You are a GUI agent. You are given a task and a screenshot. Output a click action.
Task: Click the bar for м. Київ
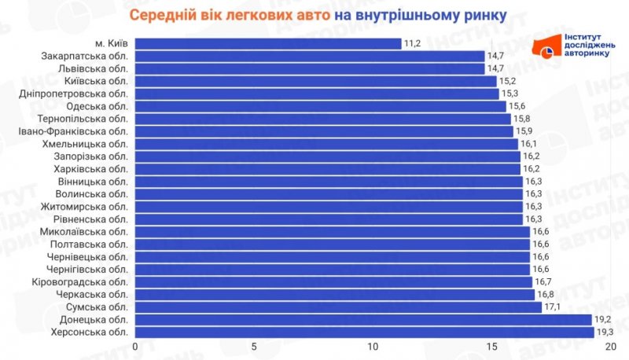(x=267, y=43)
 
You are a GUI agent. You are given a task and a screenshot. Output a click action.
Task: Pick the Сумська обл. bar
(x=338, y=307)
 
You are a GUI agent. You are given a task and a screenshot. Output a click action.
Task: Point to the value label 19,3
(x=605, y=332)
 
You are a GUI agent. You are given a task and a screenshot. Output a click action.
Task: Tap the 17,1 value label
(x=554, y=307)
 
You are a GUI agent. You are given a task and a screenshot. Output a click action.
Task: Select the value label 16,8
(x=546, y=295)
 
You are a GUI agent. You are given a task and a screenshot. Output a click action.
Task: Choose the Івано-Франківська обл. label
(x=72, y=131)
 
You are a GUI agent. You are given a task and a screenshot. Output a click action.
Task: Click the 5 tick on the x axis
(x=254, y=347)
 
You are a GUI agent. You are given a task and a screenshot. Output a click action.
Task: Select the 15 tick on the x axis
(x=492, y=347)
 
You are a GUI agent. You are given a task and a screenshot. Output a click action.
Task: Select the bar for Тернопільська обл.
(x=322, y=119)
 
